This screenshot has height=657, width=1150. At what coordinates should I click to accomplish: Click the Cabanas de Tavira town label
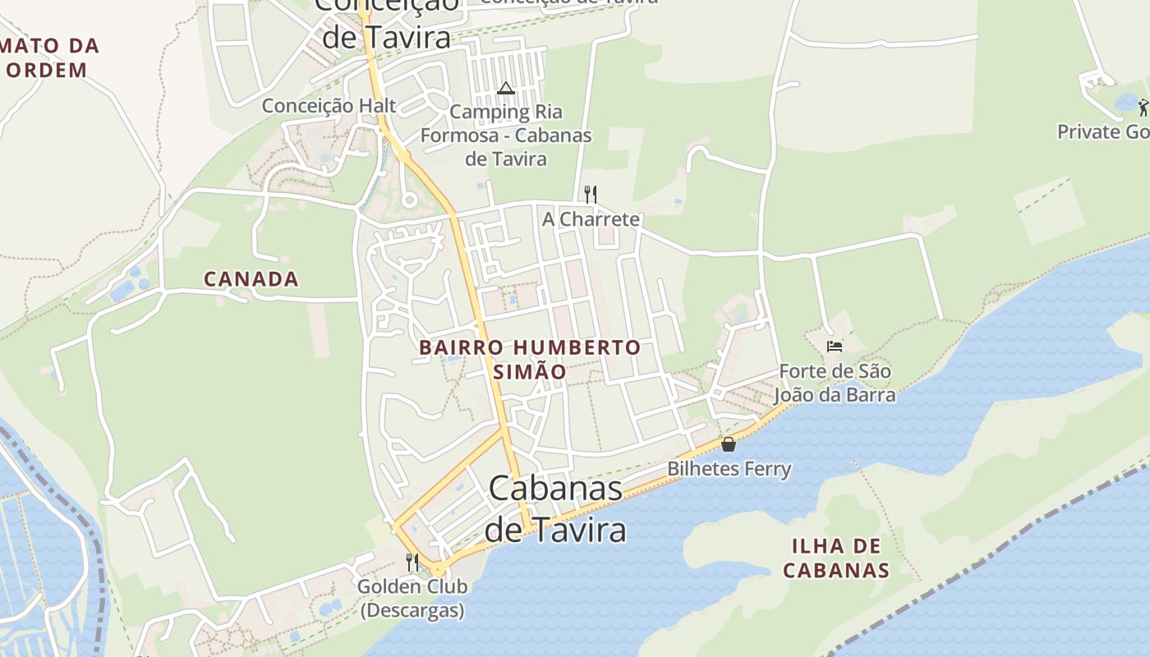coord(556,509)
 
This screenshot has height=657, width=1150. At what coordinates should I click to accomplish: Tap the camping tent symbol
coord(505,88)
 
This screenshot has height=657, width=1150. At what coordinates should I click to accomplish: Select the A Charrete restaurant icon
coord(590,194)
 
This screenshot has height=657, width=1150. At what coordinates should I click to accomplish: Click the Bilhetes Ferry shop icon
coord(728,444)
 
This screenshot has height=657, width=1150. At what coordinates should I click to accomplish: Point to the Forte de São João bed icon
coord(835,346)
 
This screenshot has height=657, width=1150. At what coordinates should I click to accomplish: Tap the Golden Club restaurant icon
coord(412,563)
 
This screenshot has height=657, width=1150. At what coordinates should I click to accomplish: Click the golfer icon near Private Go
coord(1143,107)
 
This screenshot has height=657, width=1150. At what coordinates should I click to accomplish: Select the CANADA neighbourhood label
coord(251,279)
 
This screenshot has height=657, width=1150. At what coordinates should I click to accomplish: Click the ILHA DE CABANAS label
coord(836,558)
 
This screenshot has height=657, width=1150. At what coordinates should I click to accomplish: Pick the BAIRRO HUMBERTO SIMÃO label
coord(530,359)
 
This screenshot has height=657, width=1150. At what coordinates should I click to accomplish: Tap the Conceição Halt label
coord(329,106)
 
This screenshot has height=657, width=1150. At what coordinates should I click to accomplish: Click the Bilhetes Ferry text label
coord(729,469)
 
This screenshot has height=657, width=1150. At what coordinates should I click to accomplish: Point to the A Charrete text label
coord(591,219)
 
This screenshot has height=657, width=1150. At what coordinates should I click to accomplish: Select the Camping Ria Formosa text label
coord(506,135)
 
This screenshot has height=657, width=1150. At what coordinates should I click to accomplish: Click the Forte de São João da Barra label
coord(835,383)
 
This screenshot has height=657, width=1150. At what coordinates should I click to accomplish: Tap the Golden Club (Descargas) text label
coord(412,598)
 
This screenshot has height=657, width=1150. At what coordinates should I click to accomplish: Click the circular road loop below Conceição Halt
coord(408,199)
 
